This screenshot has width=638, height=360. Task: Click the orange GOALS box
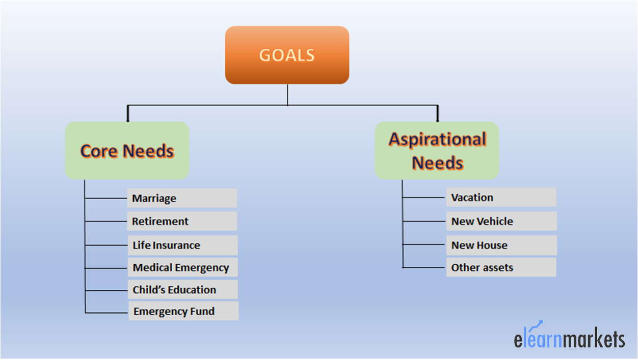tap(287, 55)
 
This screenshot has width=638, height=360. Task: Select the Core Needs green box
tap(127, 151)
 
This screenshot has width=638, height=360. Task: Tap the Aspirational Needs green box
tap(437, 151)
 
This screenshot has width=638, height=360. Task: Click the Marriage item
tap(182, 198)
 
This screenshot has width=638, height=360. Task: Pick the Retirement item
tap(182, 221)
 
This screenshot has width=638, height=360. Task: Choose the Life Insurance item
tap(182, 245)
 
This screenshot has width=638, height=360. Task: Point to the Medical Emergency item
tap(182, 267)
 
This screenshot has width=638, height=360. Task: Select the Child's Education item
tap(183, 289)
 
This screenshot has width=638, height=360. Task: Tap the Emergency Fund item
tap(183, 311)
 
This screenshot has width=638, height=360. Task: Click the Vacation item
tap(501, 197)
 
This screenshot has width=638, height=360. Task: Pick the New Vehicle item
tap(501, 221)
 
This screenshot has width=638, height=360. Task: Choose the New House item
tap(501, 245)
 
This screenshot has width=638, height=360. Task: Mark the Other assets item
tap(501, 267)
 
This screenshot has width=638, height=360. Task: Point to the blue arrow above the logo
tap(536, 325)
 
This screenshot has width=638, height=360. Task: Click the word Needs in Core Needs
tap(148, 151)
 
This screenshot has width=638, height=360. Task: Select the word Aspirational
tap(438, 140)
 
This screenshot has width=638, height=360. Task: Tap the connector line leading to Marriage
tap(106, 198)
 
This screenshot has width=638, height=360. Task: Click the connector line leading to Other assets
tap(424, 267)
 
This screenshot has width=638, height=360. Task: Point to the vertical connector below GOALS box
tap(287, 95)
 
